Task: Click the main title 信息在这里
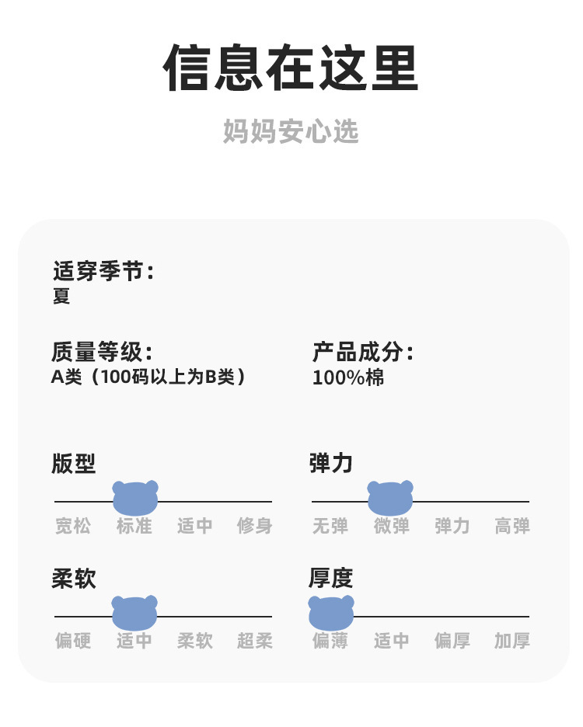point(291,69)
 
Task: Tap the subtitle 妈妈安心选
point(291,131)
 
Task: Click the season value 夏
point(61,296)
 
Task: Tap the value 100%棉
point(348,378)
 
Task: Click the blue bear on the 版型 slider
point(135,498)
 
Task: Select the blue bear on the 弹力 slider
point(390,498)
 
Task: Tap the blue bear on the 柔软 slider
point(134,613)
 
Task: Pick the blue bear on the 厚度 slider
point(331,613)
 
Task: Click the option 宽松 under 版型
point(73,526)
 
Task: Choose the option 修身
point(255,526)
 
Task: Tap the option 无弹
point(330,526)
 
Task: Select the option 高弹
point(512,526)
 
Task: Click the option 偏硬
point(73,641)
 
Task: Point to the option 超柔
point(255,641)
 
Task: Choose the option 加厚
point(512,641)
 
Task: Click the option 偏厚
point(452,641)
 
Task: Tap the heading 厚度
point(331,578)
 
